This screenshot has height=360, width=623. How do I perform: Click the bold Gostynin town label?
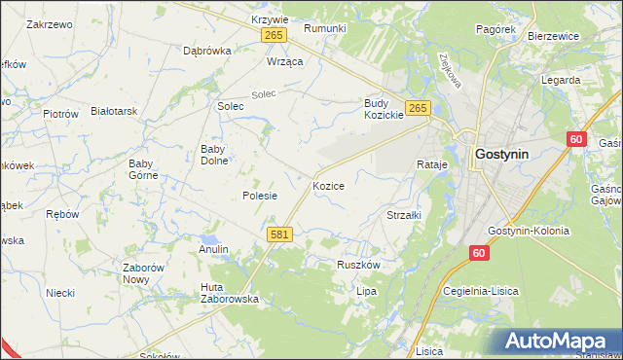[502, 154]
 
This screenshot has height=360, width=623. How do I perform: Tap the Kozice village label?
[328, 185]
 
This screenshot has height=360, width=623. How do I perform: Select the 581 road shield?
[279, 234]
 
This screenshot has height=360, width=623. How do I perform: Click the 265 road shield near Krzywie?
[274, 35]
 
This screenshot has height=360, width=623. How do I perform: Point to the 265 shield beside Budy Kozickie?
[418, 108]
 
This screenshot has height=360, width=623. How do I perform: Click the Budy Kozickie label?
[384, 109]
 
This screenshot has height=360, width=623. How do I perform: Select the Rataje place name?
[431, 165]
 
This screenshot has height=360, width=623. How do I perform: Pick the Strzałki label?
[403, 215]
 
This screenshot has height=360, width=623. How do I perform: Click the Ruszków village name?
[358, 264]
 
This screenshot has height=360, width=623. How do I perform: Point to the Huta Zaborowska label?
[229, 293]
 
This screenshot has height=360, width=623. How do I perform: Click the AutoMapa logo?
[558, 342]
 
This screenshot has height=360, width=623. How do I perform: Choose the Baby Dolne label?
[213, 155]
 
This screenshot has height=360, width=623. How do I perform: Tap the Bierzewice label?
[552, 36]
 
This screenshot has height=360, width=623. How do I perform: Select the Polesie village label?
[260, 196]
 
